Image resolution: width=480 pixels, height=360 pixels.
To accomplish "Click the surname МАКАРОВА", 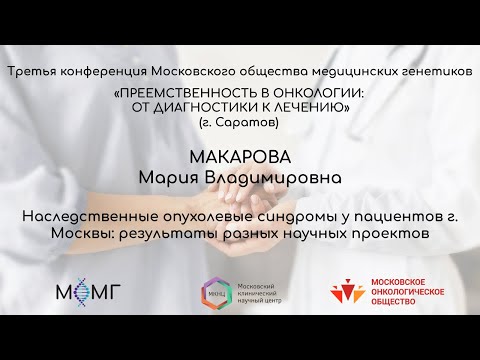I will coord(239,158).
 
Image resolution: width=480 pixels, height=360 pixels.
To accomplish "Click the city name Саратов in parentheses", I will coord(249,121).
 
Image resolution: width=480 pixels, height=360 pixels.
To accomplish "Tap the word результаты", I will coord(166,233).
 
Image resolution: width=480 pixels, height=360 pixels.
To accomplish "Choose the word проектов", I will coord(388,233).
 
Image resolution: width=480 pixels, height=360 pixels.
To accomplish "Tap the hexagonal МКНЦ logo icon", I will coord(215,292).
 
